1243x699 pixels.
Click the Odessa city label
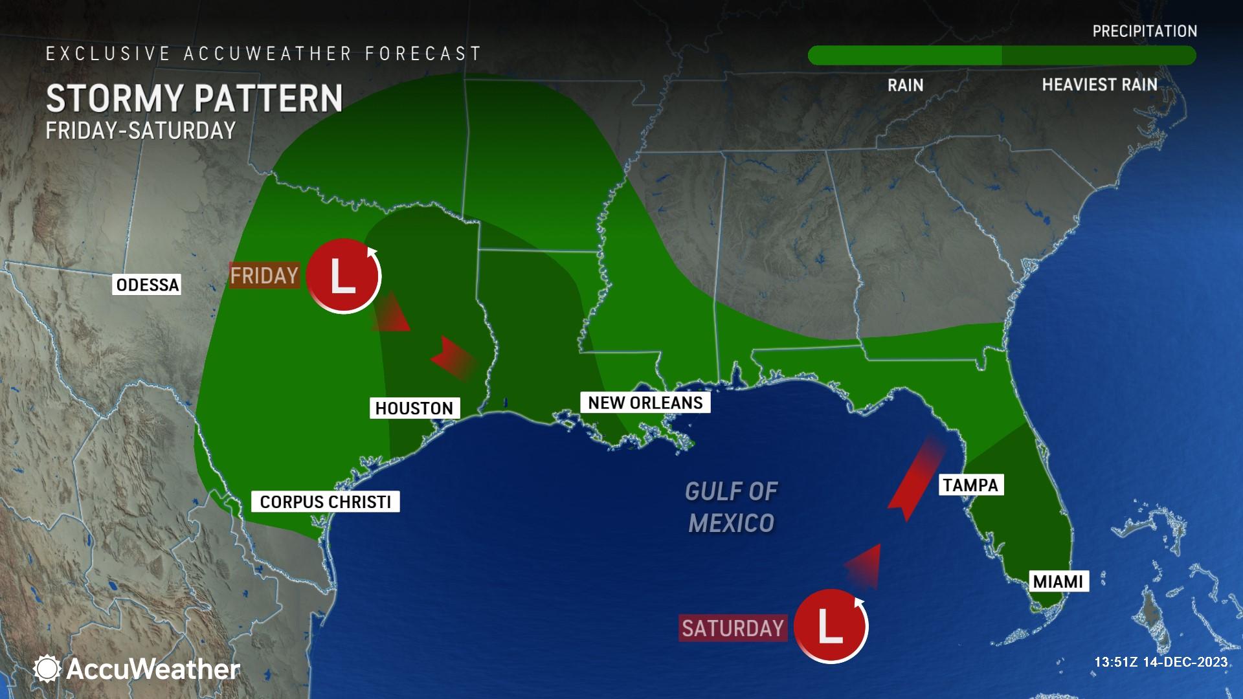(x=148, y=285)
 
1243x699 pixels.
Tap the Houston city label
(x=414, y=408)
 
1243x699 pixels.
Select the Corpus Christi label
(x=326, y=502)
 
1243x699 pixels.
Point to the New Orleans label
(x=645, y=403)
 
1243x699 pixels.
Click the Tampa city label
(x=970, y=485)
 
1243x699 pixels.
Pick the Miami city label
(x=1058, y=581)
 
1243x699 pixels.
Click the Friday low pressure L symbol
(x=343, y=276)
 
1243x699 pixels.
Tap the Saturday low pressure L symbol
(x=831, y=626)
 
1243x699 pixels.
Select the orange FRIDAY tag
(x=264, y=276)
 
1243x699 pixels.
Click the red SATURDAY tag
(x=733, y=628)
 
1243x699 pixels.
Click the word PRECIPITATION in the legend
(x=1145, y=31)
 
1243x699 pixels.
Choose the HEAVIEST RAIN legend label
(x=1099, y=85)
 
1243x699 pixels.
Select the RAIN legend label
(x=905, y=85)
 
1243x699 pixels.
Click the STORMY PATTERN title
(x=194, y=98)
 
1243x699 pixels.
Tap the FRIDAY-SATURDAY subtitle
(x=140, y=131)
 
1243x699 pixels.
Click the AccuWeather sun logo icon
(x=47, y=669)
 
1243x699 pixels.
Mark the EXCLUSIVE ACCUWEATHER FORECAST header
(x=263, y=54)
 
